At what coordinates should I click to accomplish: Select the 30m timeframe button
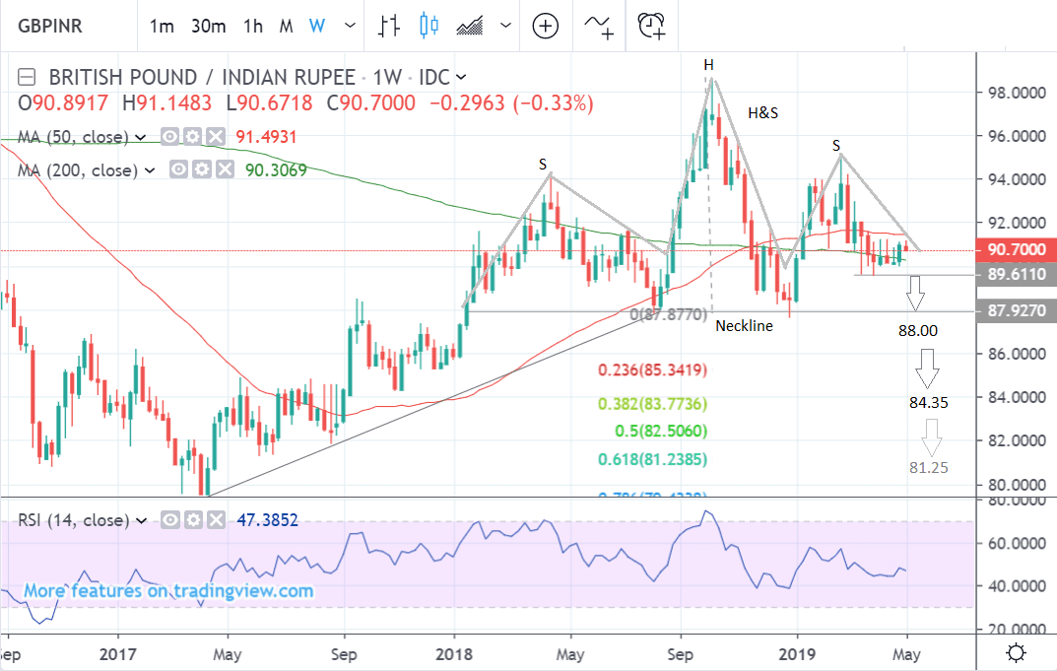(x=209, y=27)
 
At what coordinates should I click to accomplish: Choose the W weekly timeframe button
(x=316, y=27)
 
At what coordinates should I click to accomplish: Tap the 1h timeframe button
(x=253, y=27)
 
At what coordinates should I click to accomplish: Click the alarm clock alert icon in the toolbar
(x=651, y=26)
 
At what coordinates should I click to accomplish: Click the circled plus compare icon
(x=546, y=26)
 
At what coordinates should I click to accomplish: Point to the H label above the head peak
(x=707, y=65)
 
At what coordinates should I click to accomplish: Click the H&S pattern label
(x=762, y=113)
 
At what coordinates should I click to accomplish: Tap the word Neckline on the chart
(x=745, y=325)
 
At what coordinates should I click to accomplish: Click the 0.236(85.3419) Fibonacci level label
(x=653, y=371)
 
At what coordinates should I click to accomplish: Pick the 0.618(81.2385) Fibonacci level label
(x=653, y=459)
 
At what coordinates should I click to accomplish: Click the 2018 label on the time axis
(x=454, y=652)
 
